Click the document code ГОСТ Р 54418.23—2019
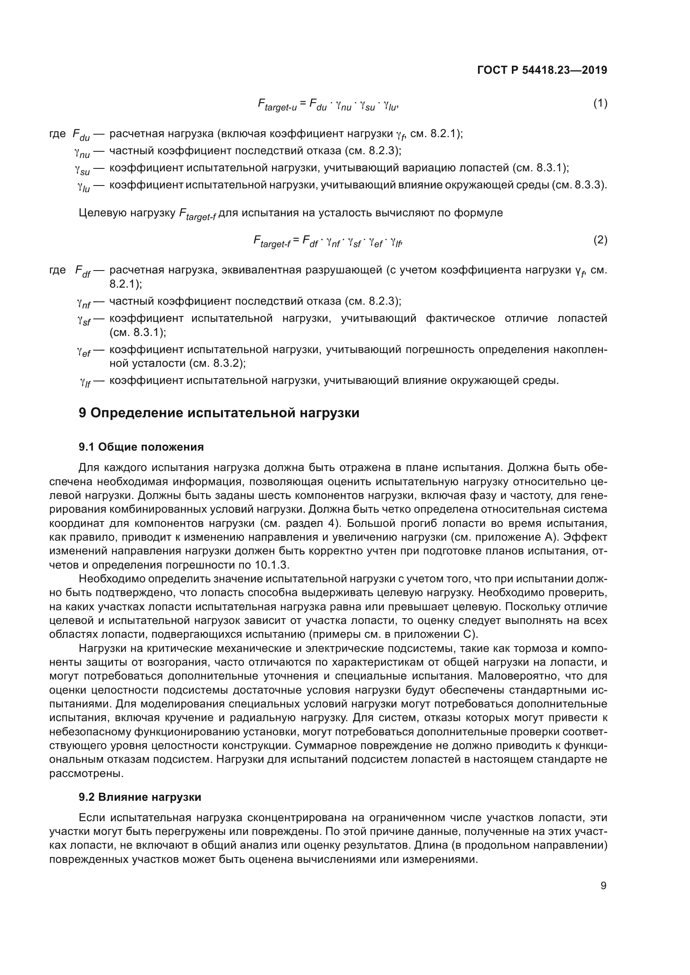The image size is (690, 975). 542,70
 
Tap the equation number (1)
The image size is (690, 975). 600,103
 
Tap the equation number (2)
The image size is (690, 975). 600,240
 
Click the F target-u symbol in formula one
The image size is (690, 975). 277,105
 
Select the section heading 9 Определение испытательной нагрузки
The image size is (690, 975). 219,413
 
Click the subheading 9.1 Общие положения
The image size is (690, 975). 141,447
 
